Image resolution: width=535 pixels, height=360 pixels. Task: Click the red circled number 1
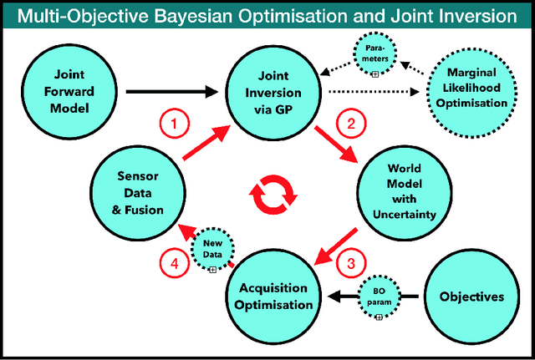173,125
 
